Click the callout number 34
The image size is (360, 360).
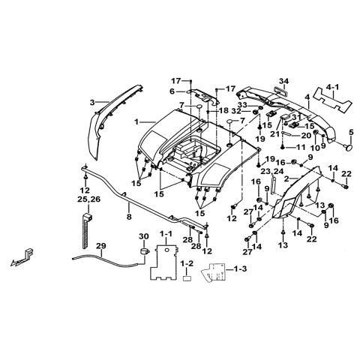coord(284,81)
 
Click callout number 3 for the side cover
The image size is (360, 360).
coord(91,101)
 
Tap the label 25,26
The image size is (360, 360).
coord(85,201)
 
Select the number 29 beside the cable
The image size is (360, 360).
coord(101,246)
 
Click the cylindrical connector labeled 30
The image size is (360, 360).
coord(142,255)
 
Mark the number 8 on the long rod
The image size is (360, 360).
coord(128,216)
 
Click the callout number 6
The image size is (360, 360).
coord(171,91)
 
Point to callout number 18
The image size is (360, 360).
coord(223,110)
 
